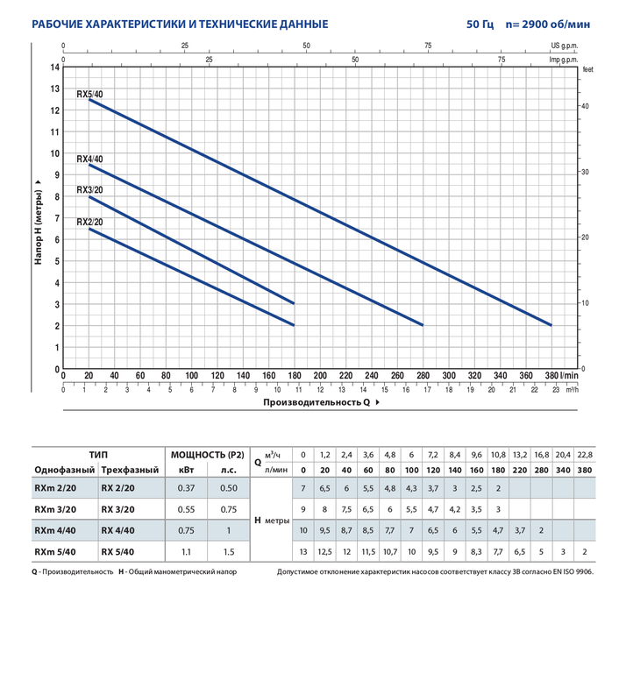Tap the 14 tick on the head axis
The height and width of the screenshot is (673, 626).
point(54,67)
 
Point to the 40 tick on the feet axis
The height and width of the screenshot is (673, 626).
point(585,106)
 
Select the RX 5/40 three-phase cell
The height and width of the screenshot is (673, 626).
point(117,552)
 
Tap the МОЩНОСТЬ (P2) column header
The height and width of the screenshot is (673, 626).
point(207,455)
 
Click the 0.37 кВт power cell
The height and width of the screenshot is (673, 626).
point(186,487)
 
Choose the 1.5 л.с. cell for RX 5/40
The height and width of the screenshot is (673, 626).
point(230,552)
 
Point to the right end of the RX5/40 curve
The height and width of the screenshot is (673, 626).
point(551,325)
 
